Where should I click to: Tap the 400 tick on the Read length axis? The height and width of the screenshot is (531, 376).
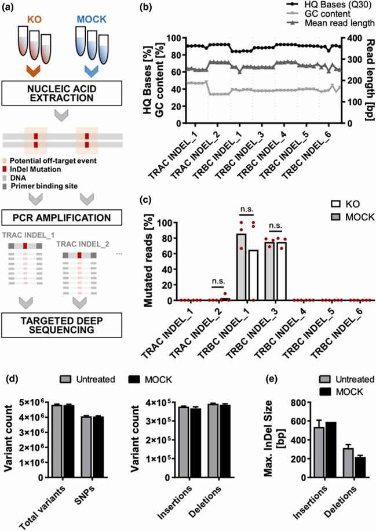[353, 38]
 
